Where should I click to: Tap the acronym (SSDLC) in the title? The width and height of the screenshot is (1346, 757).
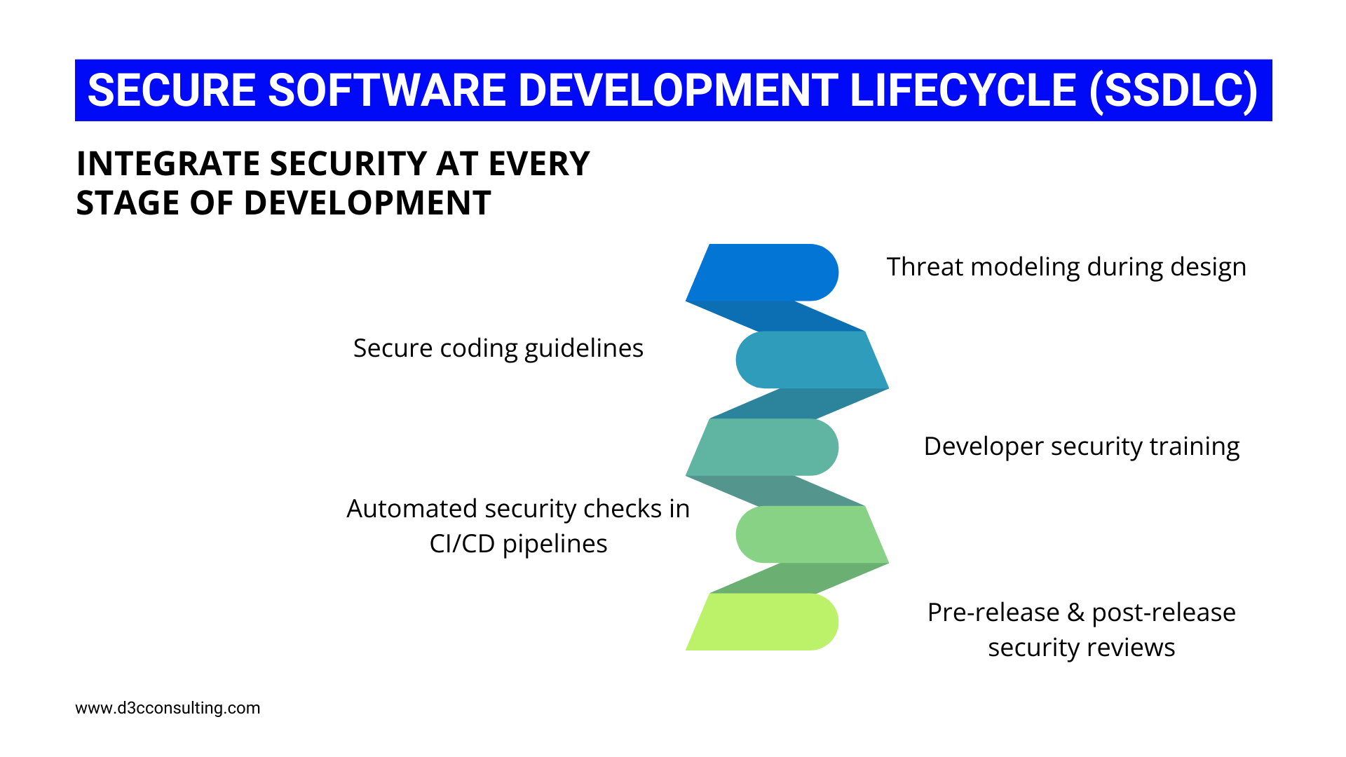(1174, 90)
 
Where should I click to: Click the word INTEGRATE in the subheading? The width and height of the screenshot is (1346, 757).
(168, 164)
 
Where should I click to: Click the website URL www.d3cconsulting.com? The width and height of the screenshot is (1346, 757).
(168, 708)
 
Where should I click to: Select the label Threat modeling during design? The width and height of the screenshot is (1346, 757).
(1066, 267)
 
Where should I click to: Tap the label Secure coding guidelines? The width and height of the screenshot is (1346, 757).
(498, 348)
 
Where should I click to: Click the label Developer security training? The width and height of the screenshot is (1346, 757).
(1081, 446)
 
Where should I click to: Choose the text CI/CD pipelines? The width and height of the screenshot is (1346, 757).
(518, 544)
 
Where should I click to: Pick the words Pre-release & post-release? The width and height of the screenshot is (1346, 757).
(1081, 613)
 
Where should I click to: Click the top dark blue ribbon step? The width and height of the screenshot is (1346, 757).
(764, 273)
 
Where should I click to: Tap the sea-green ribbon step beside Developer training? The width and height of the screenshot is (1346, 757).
(764, 447)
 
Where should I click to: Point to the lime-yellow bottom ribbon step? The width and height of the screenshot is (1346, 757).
(764, 622)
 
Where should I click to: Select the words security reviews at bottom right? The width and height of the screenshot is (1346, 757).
(1081, 648)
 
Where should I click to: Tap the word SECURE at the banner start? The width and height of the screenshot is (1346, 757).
(172, 90)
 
